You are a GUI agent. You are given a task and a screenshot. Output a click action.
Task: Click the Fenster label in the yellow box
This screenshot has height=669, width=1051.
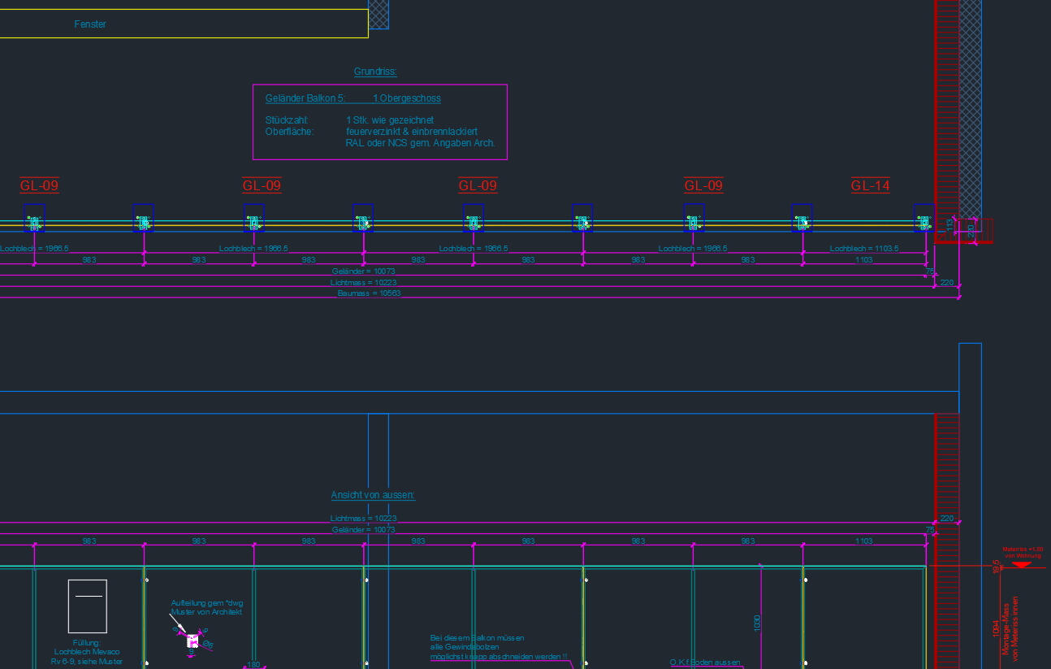[90, 24]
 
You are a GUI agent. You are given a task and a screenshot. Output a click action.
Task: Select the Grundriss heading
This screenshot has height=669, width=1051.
[375, 72]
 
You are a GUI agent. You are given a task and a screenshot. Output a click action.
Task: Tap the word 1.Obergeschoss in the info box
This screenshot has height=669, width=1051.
[407, 98]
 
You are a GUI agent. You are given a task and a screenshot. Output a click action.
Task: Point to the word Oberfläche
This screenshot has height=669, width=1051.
[284, 132]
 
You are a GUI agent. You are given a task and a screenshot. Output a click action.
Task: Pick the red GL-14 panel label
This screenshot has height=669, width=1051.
[870, 186]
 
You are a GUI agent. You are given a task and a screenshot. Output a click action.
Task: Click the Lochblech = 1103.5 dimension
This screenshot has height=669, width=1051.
[863, 249]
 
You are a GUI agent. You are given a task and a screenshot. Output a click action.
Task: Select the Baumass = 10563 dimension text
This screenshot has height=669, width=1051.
[369, 293]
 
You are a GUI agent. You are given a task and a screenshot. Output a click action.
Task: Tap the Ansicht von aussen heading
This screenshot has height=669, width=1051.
[373, 495]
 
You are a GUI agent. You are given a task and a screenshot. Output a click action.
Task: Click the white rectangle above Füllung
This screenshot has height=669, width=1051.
[87, 606]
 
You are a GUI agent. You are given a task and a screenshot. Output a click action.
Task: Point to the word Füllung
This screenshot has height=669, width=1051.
[86, 643]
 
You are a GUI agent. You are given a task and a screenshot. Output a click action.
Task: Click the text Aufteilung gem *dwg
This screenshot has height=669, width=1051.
[206, 603]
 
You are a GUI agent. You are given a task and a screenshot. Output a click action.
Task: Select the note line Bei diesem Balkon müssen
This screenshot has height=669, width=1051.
[477, 638]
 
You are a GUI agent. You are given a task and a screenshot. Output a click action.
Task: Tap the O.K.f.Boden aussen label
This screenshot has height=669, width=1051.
[705, 662]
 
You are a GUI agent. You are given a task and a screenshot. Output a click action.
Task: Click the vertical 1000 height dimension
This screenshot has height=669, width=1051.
[757, 623]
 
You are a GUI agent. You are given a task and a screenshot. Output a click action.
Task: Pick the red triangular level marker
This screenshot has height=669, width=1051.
[1022, 564]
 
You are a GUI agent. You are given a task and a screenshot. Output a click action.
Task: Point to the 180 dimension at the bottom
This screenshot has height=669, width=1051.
[253, 665]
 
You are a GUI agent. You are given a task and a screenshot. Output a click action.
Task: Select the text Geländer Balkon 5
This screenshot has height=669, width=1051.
[305, 98]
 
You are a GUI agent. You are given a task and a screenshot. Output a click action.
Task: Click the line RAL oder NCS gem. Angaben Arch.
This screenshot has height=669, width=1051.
[420, 143]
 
